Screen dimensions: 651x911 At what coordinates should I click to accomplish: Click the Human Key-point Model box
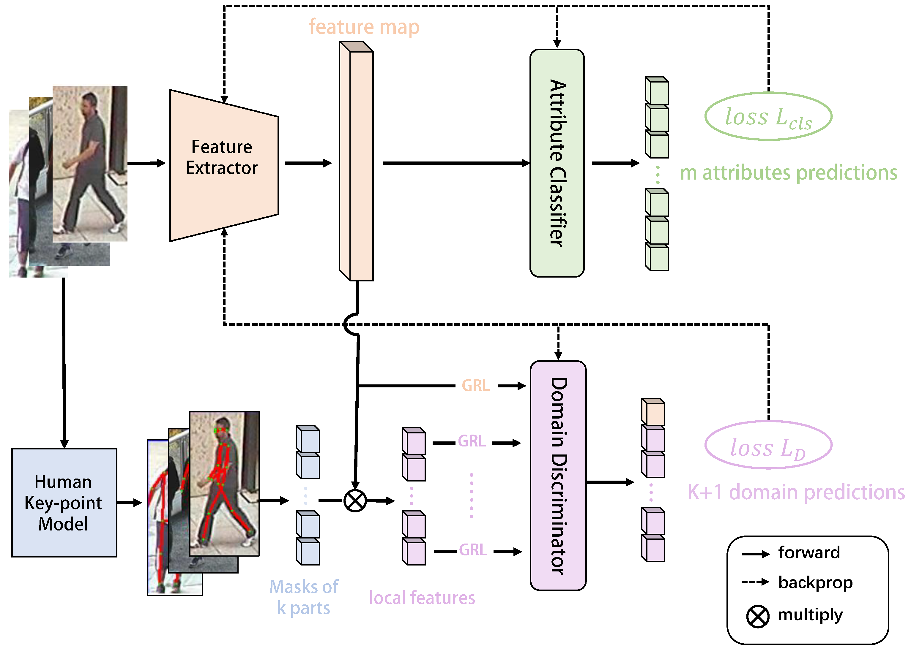[64, 502]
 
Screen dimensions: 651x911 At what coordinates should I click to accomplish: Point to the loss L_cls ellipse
[768, 117]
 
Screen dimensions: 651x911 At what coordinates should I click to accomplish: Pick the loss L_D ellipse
[768, 445]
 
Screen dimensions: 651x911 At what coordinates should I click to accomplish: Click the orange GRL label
[475, 386]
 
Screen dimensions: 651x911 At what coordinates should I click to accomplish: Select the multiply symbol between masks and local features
[355, 501]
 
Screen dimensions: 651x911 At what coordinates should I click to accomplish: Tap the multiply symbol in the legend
[757, 616]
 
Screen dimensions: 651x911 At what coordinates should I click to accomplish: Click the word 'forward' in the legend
[809, 553]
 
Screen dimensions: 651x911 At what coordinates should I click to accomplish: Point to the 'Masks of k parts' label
[304, 597]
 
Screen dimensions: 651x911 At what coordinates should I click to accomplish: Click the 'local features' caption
[422, 598]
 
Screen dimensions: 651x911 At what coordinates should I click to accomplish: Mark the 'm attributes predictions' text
[788, 173]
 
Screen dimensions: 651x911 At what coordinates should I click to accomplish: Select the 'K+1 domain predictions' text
[796, 492]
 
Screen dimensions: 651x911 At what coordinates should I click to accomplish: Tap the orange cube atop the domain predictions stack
[653, 412]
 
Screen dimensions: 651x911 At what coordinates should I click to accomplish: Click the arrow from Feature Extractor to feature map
[308, 163]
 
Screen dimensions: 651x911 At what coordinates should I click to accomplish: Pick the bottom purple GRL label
[472, 550]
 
